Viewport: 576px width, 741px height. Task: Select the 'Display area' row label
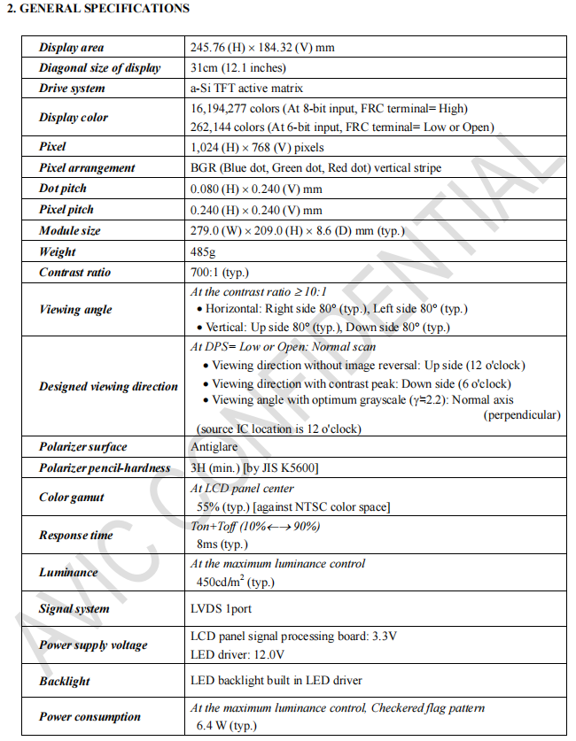[x=72, y=47]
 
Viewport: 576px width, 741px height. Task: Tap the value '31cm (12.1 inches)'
[x=237, y=68]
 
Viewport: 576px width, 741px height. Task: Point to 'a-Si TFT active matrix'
[x=246, y=89]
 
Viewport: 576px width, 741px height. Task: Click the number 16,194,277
[x=221, y=109]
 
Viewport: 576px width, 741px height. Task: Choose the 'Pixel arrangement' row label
[x=87, y=168]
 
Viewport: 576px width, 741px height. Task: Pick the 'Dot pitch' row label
[x=66, y=189]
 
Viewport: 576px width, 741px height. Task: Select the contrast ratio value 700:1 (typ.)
[x=222, y=272]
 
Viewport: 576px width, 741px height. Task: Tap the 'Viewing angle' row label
[x=75, y=310]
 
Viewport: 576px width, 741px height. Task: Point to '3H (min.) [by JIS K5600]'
[x=254, y=467]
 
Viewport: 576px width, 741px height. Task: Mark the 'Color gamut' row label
[x=72, y=498]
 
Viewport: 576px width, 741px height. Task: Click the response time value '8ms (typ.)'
[x=222, y=544]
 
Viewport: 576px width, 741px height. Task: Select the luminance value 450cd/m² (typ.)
[x=235, y=583]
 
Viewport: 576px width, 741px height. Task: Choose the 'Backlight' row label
[x=65, y=682]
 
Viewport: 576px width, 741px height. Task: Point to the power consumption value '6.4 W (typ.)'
[x=226, y=726]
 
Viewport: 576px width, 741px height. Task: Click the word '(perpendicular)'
[x=521, y=414]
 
